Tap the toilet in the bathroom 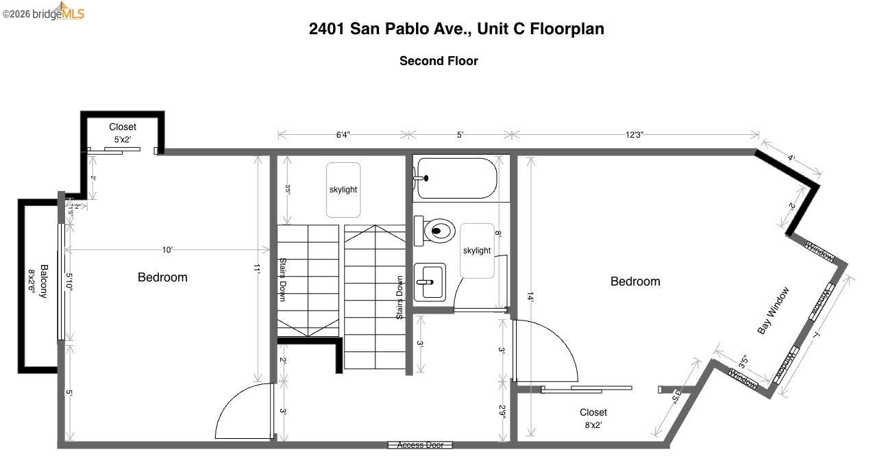pos(439,231)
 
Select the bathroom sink pos(430,281)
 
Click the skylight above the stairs pos(343,190)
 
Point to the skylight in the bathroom pos(477,251)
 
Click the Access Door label pos(420,445)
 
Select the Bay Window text pos(773,310)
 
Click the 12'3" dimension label pos(634,135)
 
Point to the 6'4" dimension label pos(343,135)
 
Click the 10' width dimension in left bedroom pos(167,250)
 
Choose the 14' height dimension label pos(529,296)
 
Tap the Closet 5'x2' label pos(123,133)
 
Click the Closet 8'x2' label pos(593,418)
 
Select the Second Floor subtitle pos(439,61)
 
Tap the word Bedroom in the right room pos(635,281)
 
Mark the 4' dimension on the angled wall pos(791,158)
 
